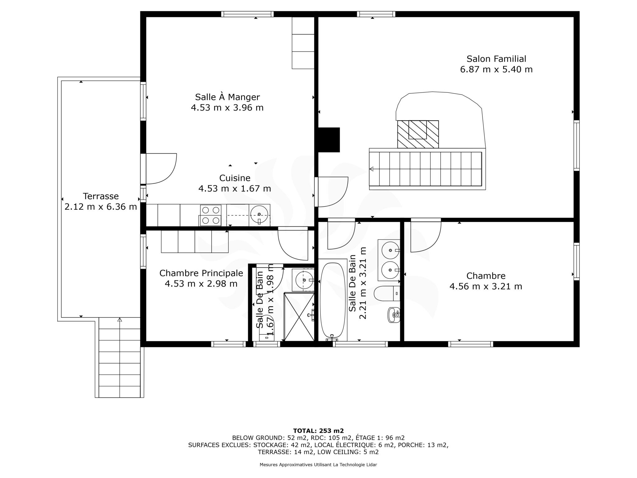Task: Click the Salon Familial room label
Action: click(496, 59)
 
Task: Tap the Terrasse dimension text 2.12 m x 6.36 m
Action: click(101, 207)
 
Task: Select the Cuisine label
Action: click(235, 178)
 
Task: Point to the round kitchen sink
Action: click(259, 214)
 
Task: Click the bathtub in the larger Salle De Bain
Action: click(333, 301)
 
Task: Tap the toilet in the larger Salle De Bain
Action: click(387, 293)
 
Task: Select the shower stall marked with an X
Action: click(299, 316)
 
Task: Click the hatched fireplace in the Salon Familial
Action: click(418, 134)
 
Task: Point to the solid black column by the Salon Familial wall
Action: click(328, 140)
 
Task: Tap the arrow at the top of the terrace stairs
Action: click(120, 320)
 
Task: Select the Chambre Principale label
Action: click(201, 273)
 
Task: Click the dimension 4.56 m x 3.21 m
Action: click(486, 286)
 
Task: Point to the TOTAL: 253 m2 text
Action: click(318, 431)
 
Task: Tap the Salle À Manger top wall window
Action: click(248, 14)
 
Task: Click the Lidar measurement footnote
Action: click(318, 465)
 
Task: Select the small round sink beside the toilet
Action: click(394, 315)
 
